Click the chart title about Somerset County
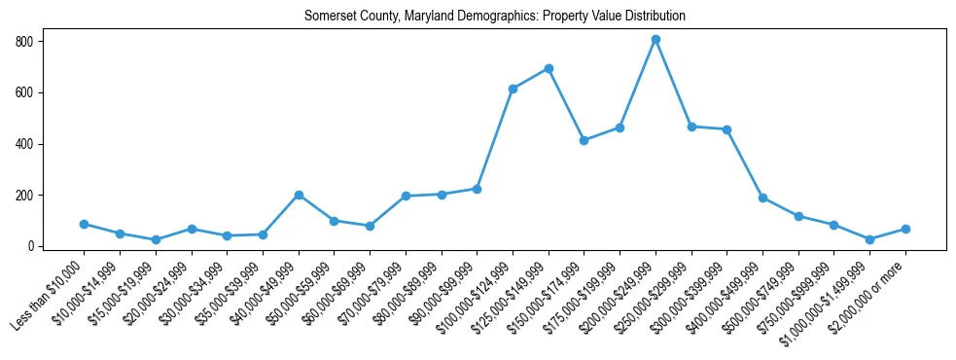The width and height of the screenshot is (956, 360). [494, 16]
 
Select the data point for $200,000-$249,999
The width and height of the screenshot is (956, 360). [655, 39]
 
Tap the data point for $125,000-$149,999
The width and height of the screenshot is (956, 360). [549, 68]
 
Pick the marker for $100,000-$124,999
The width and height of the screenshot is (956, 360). [513, 89]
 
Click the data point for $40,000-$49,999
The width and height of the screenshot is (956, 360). [299, 195]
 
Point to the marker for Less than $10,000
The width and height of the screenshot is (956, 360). [84, 224]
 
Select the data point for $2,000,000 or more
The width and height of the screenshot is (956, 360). [905, 229]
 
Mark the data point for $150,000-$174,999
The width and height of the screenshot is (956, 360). [584, 140]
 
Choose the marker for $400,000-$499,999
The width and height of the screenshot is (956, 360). [762, 198]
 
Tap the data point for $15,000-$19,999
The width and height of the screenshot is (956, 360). [156, 239]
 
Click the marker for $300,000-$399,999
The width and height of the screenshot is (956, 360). [727, 129]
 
